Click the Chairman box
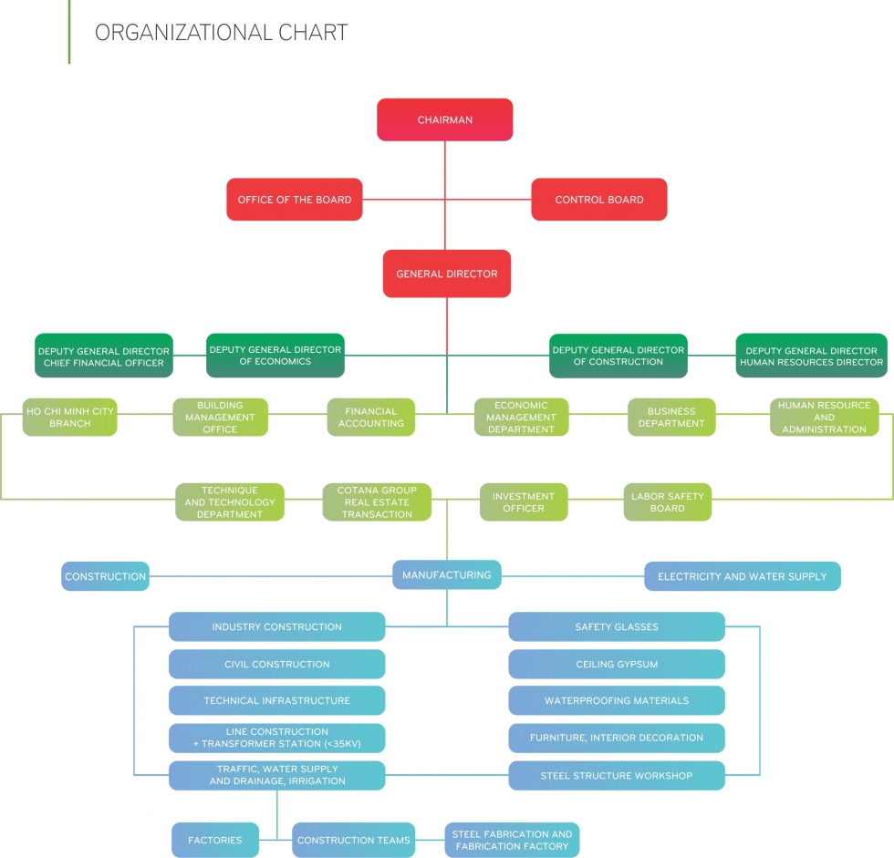coord(444,119)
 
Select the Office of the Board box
coord(294,200)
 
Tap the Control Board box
coord(598,200)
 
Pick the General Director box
coord(446,274)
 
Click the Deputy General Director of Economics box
coord(275,356)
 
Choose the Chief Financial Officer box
coord(103,356)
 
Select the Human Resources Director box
coord(811,356)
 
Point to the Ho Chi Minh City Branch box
coord(69,417)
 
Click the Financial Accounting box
coord(370,417)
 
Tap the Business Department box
coord(670,417)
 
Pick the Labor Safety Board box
coord(667,502)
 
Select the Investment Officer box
coord(524,502)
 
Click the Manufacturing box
coord(446,574)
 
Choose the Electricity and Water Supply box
coord(742,576)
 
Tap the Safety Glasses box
coord(616,626)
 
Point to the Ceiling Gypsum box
coord(616,664)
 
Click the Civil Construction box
coord(276,664)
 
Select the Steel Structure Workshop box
coord(616,776)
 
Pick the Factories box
coord(214,840)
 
